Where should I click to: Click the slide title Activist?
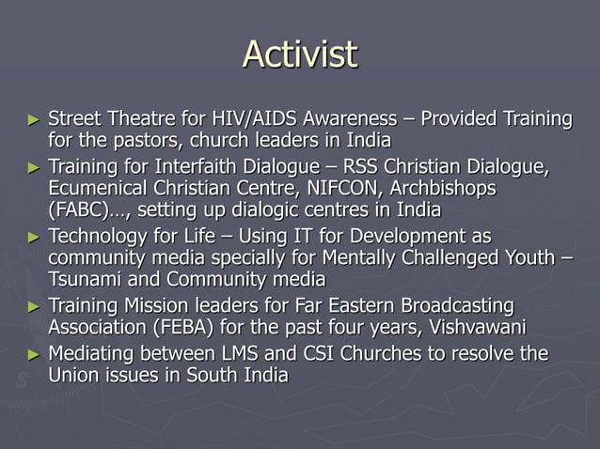coord(300,54)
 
